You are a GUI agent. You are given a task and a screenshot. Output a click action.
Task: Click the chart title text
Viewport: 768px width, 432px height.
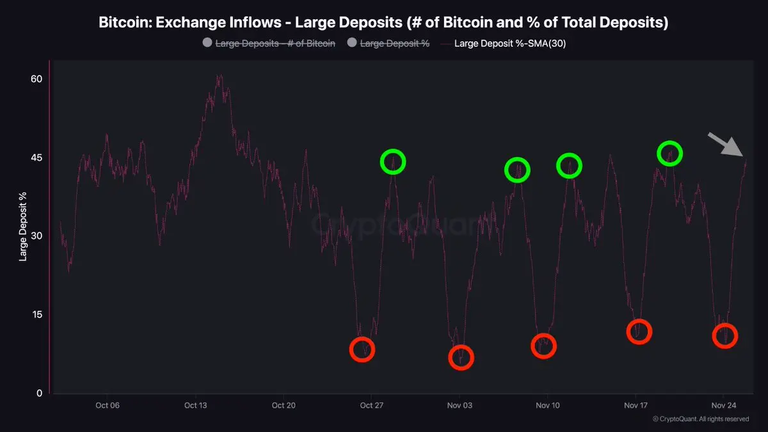point(383,22)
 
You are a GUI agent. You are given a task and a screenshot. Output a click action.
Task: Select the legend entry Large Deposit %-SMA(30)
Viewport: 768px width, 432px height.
point(509,44)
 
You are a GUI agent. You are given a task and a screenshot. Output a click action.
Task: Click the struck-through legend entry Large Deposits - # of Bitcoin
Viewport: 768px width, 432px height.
point(275,44)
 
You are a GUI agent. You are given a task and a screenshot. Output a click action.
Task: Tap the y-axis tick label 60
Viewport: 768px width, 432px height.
point(36,79)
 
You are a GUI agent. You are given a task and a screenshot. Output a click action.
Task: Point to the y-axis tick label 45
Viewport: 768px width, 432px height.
point(36,157)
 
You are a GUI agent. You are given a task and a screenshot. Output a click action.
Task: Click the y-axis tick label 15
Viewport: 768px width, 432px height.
point(36,314)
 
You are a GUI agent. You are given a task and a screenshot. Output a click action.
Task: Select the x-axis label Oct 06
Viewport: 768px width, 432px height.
point(107,405)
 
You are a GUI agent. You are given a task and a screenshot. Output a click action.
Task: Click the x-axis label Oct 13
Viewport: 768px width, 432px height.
point(195,405)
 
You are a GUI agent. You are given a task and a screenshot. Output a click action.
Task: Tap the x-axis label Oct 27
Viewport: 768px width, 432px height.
point(371,405)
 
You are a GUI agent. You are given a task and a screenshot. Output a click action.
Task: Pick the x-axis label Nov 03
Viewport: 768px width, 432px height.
point(459,405)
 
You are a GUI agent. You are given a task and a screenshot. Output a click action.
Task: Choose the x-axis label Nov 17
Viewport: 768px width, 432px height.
point(635,405)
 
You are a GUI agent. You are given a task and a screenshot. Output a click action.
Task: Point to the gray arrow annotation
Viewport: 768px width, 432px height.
point(725,144)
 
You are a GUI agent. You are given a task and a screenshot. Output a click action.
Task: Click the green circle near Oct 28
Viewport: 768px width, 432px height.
point(393,161)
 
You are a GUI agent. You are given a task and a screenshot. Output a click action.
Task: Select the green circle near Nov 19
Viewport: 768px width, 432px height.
point(669,154)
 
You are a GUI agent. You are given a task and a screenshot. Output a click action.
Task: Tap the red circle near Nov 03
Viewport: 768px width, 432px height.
point(461,357)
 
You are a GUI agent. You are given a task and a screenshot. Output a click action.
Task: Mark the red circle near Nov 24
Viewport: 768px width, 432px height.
point(724,335)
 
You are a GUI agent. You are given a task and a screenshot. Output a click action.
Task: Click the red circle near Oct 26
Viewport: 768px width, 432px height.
point(362,349)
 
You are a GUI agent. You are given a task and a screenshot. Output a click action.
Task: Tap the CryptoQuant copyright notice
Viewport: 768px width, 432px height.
point(701,419)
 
